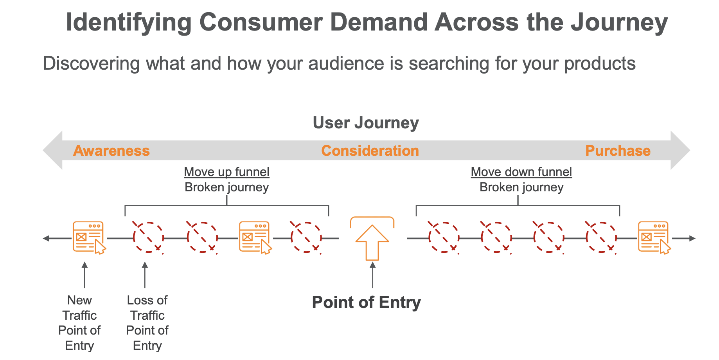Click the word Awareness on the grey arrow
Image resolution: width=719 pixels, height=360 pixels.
[111, 151]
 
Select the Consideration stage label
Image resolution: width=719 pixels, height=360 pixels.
[370, 151]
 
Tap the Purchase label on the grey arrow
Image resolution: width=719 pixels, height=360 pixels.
[618, 151]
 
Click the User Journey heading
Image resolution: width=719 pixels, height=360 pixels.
[366, 123]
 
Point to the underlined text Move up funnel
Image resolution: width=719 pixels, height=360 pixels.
[226, 172]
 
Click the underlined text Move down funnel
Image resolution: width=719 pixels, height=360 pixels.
[521, 172]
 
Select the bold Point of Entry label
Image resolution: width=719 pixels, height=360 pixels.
[367, 302]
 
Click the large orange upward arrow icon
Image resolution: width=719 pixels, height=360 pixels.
[372, 243]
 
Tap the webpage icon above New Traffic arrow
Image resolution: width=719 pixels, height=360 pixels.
[89, 238]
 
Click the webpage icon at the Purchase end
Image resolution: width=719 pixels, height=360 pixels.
[654, 238]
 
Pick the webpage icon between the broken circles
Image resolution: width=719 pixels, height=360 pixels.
[255, 238]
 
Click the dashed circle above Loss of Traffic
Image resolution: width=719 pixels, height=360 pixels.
[148, 238]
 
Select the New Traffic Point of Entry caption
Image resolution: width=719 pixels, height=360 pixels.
[79, 323]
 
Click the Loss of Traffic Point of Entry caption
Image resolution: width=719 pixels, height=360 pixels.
[147, 323]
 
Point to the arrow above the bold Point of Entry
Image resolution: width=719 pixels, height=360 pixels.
[372, 275]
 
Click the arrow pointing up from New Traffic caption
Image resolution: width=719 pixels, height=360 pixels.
[84, 275]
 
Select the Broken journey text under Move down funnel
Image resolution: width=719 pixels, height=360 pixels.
[521, 187]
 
